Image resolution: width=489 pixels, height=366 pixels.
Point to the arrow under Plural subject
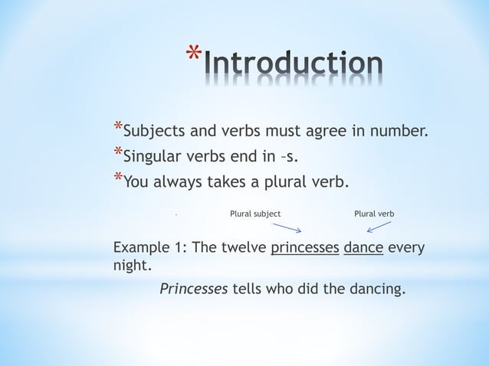pyautogui.click(x=287, y=227)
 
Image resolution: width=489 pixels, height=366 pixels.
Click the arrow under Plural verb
pyautogui.click(x=379, y=226)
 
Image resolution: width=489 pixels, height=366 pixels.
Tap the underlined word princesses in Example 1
pyautogui.click(x=305, y=249)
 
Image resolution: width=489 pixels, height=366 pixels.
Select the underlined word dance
pyautogui.click(x=363, y=249)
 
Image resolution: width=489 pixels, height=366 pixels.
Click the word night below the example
pyautogui.click(x=130, y=267)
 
